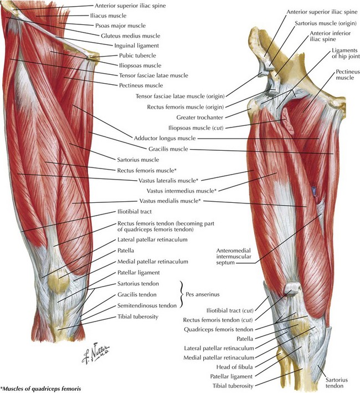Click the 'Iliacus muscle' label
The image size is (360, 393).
pos(108,16)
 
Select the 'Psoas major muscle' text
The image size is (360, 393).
pos(120,25)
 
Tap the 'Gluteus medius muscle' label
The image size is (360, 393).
pos(131,36)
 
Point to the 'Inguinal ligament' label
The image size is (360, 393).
pos(136,46)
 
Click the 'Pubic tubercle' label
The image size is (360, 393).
pos(137,55)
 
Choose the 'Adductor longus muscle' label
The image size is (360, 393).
pos(164,139)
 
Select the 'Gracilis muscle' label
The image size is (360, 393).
pos(168,149)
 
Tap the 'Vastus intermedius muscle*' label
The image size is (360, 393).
pos(182,191)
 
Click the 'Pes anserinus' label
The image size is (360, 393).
pos(202,294)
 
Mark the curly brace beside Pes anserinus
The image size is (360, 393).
pos(181,294)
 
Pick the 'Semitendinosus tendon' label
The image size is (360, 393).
pos(147,306)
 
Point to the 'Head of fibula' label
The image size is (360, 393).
pos(234,367)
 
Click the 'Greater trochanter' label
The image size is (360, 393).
pos(199,118)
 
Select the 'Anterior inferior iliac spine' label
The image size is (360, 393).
pos(330,37)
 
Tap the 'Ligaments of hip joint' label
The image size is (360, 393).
pos(346,53)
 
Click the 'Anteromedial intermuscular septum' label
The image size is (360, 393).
pos(234,257)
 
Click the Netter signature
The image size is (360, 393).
pos(96,353)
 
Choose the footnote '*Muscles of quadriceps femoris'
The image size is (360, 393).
pos(40,389)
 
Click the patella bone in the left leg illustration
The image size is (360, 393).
pos(58,281)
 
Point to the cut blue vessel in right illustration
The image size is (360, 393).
pos(313,190)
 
